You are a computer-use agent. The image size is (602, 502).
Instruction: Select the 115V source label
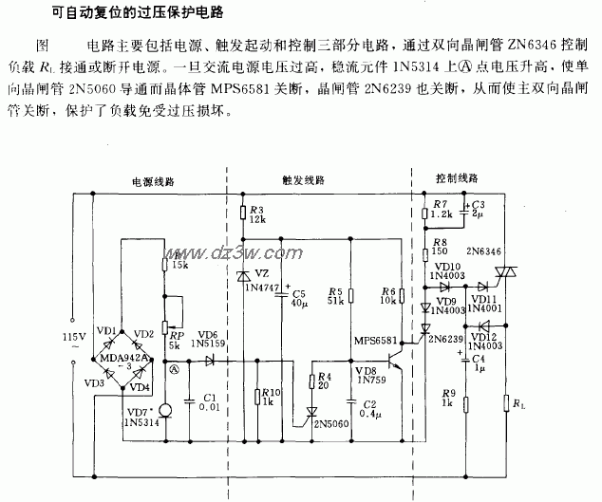point(74,342)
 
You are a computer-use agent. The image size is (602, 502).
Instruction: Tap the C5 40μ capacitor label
point(299,297)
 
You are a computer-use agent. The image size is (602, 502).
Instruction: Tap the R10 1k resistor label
point(270,397)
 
